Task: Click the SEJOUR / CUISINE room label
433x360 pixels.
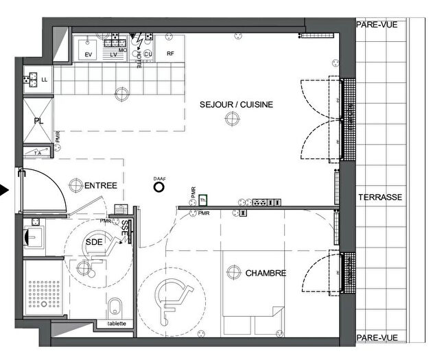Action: [x=236, y=105]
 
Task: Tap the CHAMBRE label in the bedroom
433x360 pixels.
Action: [x=266, y=273]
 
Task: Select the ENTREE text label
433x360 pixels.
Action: [x=101, y=186]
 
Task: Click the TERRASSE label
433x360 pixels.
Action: [x=379, y=197]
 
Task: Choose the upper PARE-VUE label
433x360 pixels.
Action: [x=376, y=25]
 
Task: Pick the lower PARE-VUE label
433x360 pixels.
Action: [x=376, y=338]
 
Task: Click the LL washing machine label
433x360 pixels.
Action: [x=45, y=80]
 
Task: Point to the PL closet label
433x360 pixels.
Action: [x=39, y=121]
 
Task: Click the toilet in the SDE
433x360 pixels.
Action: [x=115, y=304]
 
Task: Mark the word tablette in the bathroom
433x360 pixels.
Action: [x=116, y=324]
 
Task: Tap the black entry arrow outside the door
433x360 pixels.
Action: [x=5, y=190]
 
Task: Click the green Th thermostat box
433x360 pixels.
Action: [x=202, y=200]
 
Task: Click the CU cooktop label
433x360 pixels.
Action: [x=147, y=53]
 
